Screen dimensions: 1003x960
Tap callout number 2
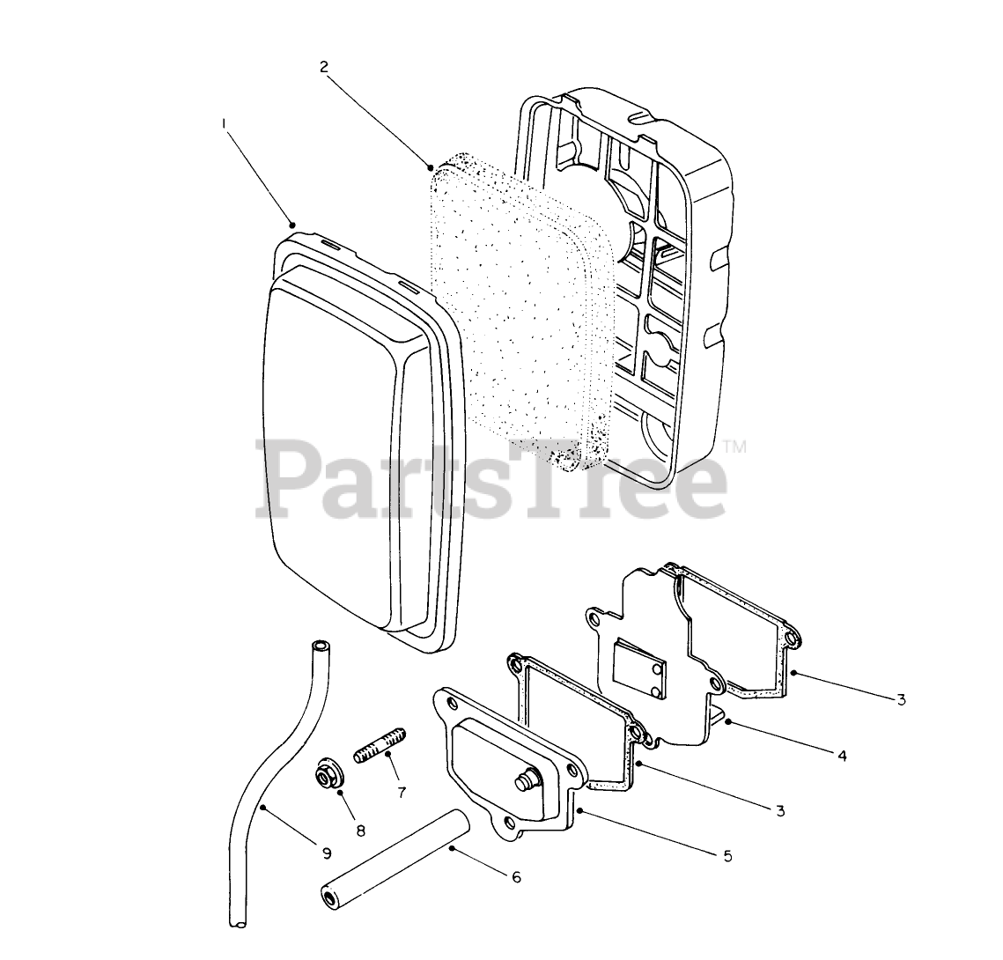pos(324,66)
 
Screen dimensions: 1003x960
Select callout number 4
pos(842,756)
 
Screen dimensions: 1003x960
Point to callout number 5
pos(727,855)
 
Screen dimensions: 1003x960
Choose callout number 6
pos(516,876)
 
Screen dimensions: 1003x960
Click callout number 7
pos(402,792)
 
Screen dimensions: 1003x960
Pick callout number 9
pos(327,853)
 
